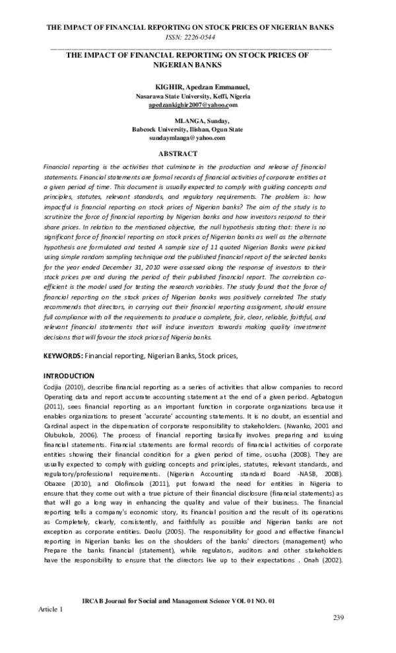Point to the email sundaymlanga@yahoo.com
pos(187,138)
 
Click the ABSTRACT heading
pos(178,153)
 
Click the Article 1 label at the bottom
pos(51,608)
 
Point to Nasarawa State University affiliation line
pos(193,96)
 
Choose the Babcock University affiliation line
pos(187,130)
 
